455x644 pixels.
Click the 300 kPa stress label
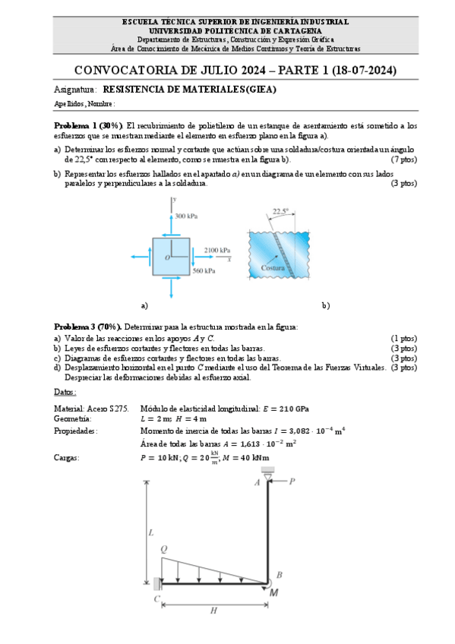point(186,216)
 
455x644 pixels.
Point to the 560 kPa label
point(203,270)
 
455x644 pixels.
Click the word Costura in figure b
point(272,268)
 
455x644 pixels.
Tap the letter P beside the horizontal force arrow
point(292,481)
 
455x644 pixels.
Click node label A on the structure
point(257,481)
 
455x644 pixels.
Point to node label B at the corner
point(279,575)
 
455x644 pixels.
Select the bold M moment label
point(273,592)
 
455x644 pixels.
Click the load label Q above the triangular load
point(164,548)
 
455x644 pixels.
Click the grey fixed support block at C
point(156,583)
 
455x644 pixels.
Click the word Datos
point(65,393)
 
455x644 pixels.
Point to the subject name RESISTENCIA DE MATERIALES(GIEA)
point(189,89)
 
